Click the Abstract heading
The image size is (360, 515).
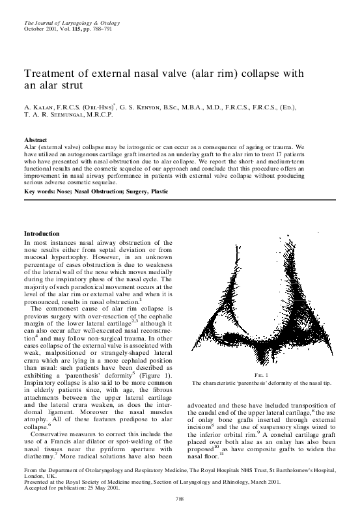(x=35, y=140)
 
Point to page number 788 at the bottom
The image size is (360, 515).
(x=180, y=498)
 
